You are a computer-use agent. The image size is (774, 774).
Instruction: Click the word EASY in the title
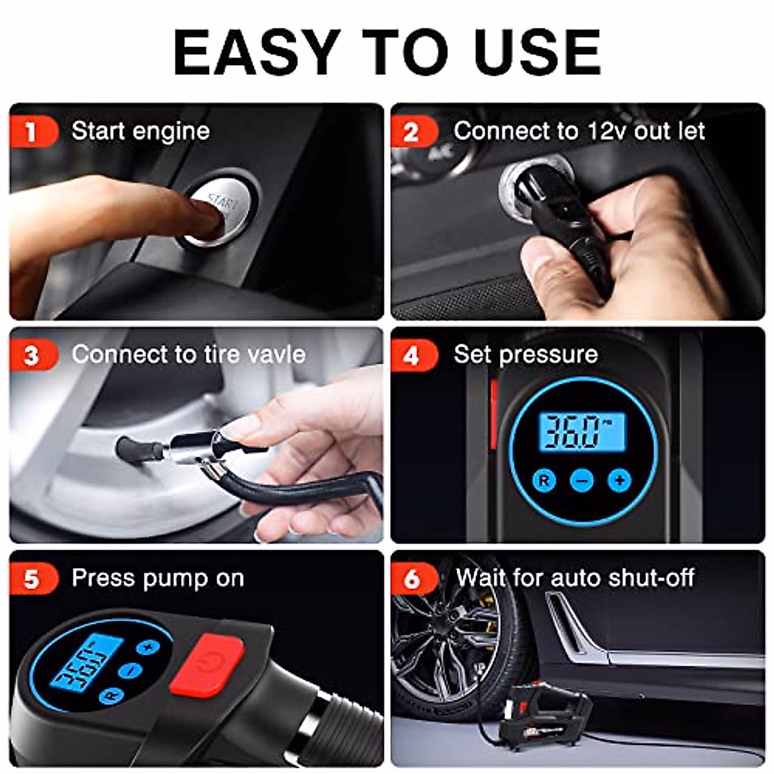[x=254, y=52]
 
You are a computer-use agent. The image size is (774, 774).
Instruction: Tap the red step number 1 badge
[x=34, y=132]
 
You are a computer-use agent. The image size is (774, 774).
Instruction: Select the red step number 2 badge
[x=415, y=132]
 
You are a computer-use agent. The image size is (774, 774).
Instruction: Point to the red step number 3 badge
[x=34, y=355]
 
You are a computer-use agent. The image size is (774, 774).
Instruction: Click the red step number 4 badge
[x=415, y=355]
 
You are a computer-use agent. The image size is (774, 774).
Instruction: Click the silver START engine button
[x=217, y=212]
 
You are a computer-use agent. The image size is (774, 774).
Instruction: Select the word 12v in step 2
[x=606, y=132]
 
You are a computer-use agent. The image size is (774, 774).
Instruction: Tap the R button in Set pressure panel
[x=544, y=481]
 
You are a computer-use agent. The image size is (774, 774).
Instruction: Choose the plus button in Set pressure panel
[x=620, y=481]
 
